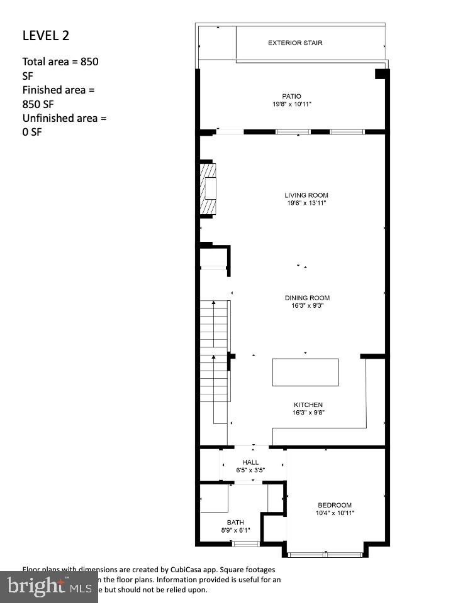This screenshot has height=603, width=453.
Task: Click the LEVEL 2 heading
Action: coord(46,35)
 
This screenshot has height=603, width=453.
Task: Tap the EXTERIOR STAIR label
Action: coord(295,43)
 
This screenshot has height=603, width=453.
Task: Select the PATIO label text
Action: coord(292,97)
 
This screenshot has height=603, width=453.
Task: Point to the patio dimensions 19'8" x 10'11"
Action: coord(292,104)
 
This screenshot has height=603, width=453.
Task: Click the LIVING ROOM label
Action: coord(306,195)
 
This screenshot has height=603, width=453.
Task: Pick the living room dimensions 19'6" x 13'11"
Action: coord(306,203)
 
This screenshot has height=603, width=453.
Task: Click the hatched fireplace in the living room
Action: coord(208,188)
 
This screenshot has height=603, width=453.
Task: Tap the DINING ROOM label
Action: coord(307,298)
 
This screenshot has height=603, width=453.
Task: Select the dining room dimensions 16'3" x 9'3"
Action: coord(307,306)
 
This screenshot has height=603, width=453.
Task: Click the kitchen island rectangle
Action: coord(305,372)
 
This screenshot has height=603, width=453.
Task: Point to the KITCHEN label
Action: coord(308,405)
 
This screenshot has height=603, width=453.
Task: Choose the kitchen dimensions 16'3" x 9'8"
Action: coord(308,413)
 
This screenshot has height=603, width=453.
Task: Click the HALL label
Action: coord(250,462)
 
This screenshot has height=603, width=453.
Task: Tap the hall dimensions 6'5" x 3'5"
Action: coord(250,470)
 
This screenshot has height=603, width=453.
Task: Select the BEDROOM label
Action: coord(335,505)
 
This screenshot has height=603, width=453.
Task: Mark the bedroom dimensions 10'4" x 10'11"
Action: coord(335,513)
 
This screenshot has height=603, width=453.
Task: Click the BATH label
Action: coord(235,523)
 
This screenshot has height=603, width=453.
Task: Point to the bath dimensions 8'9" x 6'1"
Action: coord(235,531)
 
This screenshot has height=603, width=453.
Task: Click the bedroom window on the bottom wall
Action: coord(325,554)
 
